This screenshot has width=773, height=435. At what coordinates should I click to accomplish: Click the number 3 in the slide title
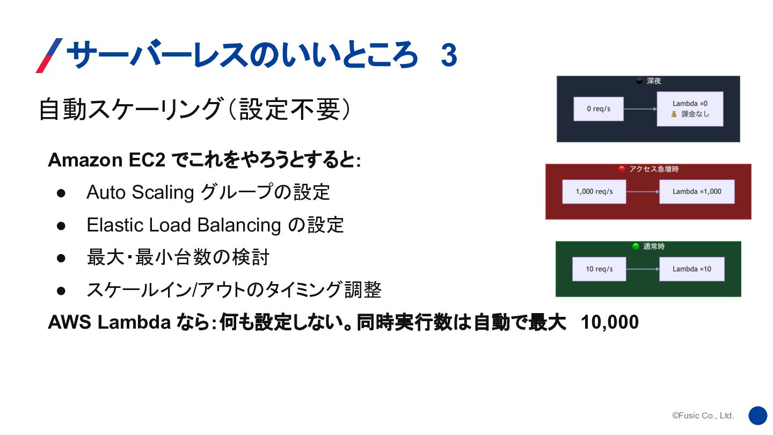click(449, 55)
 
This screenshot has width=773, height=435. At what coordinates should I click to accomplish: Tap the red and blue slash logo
click(49, 55)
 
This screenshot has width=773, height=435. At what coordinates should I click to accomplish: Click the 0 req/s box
click(598, 109)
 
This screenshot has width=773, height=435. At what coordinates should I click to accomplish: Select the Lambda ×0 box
click(690, 109)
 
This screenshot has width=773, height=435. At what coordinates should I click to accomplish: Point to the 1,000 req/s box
click(594, 192)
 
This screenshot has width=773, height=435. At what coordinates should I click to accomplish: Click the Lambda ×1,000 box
click(696, 192)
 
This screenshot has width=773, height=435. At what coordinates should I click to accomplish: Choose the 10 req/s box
click(599, 269)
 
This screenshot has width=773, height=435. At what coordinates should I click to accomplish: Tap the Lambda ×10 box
click(691, 269)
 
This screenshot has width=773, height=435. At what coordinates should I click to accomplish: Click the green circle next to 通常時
click(636, 247)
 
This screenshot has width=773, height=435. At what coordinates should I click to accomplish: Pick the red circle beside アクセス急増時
click(622, 169)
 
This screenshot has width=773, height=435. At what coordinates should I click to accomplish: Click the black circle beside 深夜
click(639, 81)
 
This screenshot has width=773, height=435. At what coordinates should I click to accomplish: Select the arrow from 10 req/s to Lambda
click(643, 269)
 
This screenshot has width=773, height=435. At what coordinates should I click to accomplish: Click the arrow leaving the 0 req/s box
click(640, 109)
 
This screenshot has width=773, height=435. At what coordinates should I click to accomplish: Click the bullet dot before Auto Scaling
click(61, 193)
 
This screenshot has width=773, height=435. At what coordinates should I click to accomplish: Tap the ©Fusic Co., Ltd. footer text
click(703, 416)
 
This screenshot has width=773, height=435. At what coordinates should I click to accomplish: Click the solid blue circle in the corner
click(758, 416)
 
